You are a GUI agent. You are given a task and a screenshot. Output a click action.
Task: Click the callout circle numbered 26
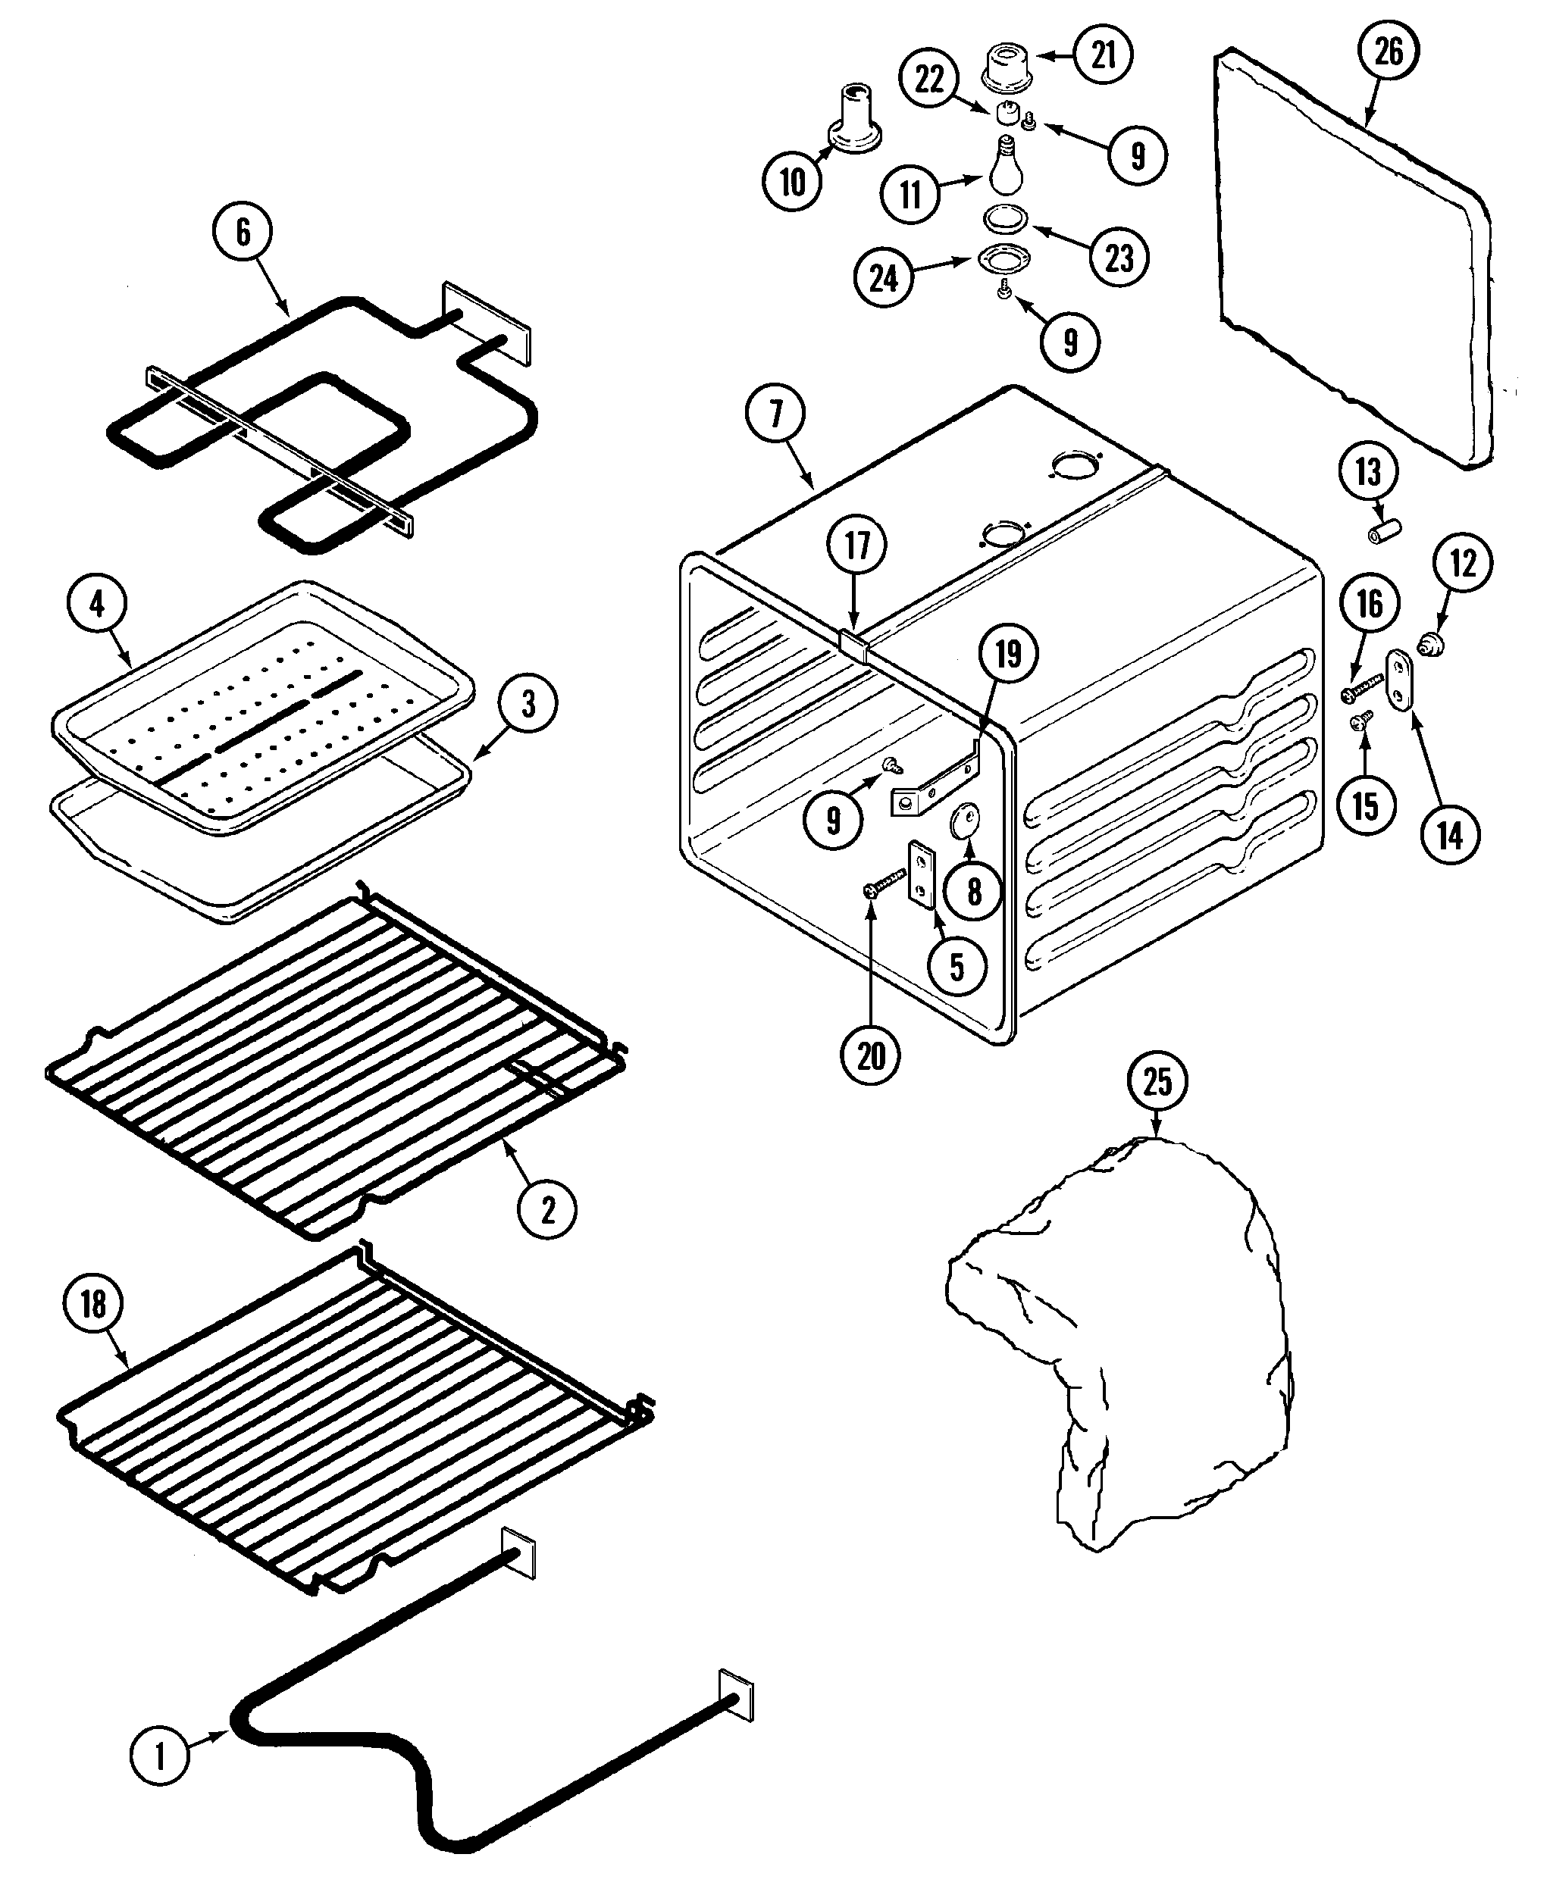1388,52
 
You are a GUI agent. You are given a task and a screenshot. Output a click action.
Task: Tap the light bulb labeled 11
1007,168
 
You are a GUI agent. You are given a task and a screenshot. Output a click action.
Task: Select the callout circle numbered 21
1103,55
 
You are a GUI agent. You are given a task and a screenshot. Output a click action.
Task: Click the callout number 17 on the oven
857,545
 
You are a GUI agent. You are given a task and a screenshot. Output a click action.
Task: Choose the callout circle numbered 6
243,232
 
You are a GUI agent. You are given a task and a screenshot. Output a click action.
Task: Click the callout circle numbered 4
96,604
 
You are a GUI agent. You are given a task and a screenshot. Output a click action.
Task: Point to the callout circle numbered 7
775,413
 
